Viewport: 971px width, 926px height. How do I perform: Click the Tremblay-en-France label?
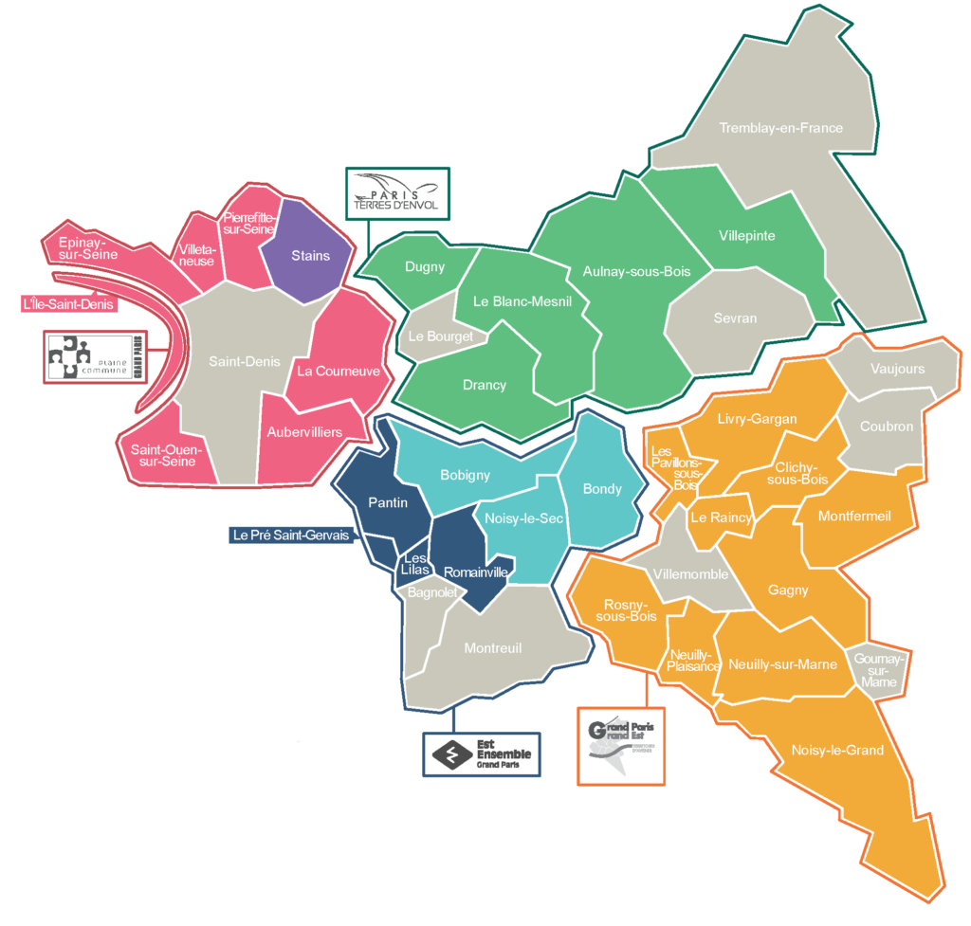780,128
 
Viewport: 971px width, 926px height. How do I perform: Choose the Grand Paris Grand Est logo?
622,745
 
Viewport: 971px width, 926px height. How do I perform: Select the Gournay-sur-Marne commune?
877,669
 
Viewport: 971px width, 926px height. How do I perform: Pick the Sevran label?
735,318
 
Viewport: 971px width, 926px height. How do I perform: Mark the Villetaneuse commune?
198,254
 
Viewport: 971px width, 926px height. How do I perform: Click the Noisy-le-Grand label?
837,751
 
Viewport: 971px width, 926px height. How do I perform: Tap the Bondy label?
602,488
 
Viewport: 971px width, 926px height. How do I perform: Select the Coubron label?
887,427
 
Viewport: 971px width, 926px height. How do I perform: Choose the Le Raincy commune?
721,518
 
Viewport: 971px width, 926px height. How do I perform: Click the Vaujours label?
896,369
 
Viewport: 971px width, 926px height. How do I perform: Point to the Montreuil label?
493,648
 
